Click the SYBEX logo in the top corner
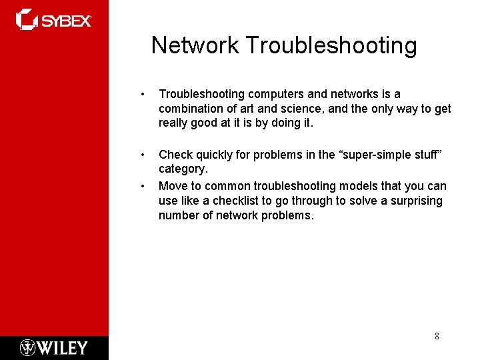tap(53, 20)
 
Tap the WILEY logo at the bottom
tap(53, 347)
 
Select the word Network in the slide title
tap(195, 45)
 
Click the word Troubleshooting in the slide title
tap(331, 45)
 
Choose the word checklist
tap(237, 201)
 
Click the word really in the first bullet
tap(175, 123)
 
